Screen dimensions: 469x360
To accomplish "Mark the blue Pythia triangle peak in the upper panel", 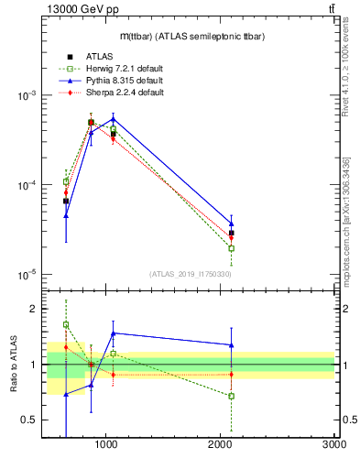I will tap(113, 119).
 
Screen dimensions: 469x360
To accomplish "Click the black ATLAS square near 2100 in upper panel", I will tap(232, 234).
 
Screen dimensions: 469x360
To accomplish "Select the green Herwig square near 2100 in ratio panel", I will tap(232, 396).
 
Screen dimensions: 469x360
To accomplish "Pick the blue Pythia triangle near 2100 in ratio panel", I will tap(232, 345).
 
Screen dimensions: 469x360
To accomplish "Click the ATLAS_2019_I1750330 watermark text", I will tap(191, 274).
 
